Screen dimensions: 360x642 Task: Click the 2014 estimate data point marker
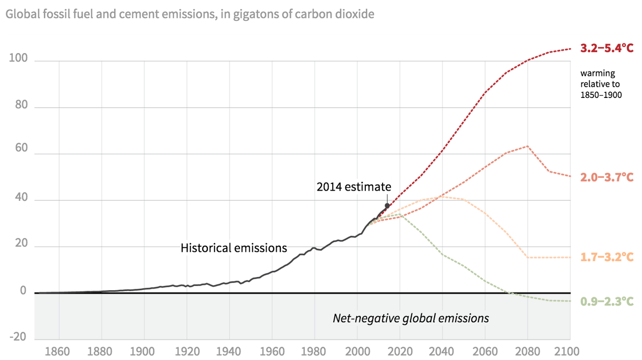tap(387, 205)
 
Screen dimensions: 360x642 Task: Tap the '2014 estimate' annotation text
tap(354, 187)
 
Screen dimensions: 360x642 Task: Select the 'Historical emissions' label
tap(234, 248)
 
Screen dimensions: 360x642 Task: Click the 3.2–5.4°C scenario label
tap(607, 48)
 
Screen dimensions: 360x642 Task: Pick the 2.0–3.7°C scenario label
tap(607, 177)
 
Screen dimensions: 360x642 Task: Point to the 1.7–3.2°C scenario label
tap(607, 257)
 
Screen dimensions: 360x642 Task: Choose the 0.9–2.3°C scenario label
tap(607, 302)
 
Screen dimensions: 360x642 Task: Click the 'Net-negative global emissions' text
tap(411, 318)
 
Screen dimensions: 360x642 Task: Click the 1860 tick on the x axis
tap(59, 351)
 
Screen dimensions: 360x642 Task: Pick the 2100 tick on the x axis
tap(569, 351)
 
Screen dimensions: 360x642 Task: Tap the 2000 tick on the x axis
tap(357, 351)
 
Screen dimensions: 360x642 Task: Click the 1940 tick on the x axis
tap(229, 351)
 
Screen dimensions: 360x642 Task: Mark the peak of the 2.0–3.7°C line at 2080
tap(527, 146)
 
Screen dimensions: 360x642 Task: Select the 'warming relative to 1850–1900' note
tap(601, 84)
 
